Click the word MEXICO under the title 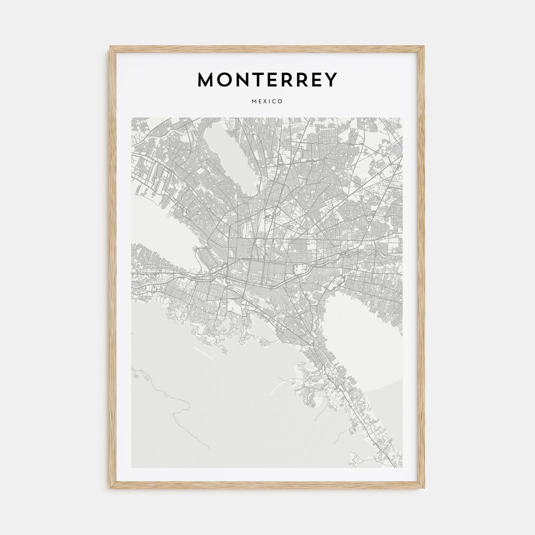click(267, 102)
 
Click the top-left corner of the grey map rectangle click(131, 118)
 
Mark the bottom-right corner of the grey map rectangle click(402, 468)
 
